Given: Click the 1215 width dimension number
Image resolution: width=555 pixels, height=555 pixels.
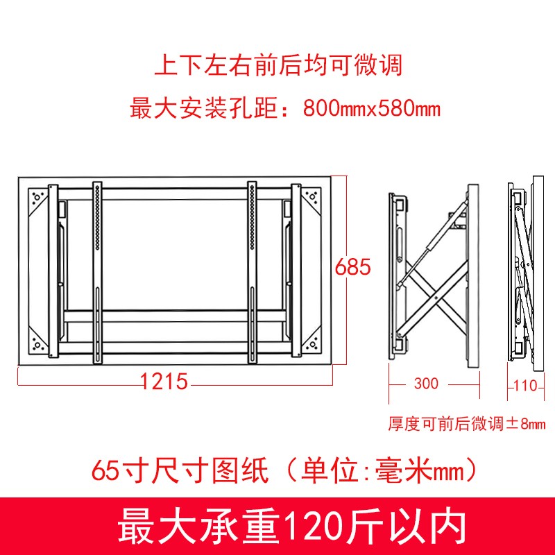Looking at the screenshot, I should [x=164, y=381].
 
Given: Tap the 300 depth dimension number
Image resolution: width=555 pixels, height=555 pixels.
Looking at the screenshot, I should [x=425, y=384].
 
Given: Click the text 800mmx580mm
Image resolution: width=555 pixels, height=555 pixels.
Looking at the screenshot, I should [x=371, y=109].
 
